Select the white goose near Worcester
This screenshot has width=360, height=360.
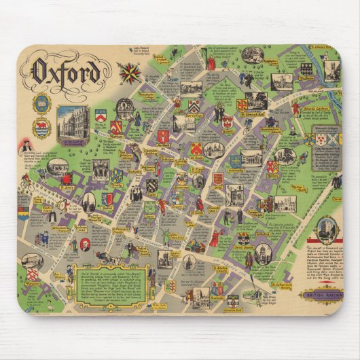tap(48, 308)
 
